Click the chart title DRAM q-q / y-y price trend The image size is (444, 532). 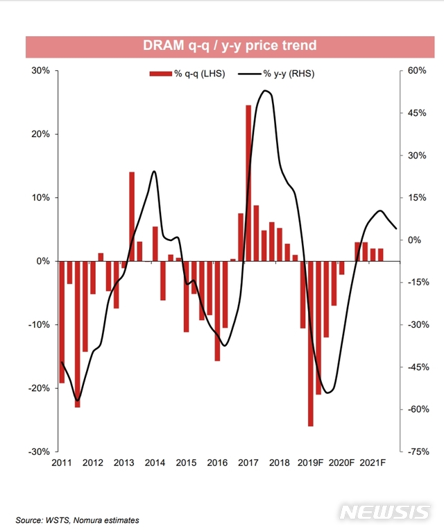click(229, 46)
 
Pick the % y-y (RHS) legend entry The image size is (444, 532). click(277, 74)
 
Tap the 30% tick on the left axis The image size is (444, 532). click(40, 71)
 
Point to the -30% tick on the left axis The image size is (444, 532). click(38, 451)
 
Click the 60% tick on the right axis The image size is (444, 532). click(416, 71)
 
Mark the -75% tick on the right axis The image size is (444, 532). click(418, 451)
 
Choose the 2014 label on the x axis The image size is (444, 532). click(155, 463)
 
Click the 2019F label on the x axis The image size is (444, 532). click(311, 463)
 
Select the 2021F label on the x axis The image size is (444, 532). click(373, 463)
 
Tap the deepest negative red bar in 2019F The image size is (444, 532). click(311, 344)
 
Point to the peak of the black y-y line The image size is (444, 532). click(266, 91)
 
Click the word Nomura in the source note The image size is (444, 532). click(86, 519)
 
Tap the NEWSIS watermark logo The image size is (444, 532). click(386, 512)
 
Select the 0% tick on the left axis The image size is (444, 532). click(42, 261)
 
